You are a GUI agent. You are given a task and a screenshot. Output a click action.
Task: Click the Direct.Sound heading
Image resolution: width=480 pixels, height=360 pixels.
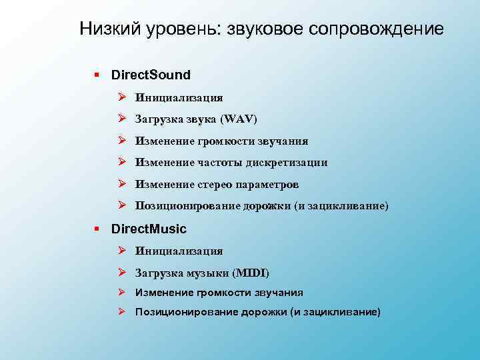pos(151,75)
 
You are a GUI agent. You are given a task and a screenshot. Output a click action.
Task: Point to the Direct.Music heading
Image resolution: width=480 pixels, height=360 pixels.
pos(149,229)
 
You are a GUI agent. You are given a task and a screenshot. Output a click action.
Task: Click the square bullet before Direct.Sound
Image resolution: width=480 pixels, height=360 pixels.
pos(97,75)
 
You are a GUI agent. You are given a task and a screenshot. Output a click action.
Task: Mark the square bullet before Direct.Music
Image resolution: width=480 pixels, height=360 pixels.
pos(97,229)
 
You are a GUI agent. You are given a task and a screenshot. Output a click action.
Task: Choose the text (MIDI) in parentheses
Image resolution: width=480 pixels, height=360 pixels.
pos(251,273)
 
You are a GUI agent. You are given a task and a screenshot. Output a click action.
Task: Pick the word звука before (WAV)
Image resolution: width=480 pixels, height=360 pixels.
pos(197,119)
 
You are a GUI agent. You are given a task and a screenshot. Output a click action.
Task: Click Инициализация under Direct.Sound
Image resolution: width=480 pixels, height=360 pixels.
pos(179,97)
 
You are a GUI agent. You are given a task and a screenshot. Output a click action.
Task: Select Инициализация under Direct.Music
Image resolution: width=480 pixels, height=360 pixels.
pos(179,251)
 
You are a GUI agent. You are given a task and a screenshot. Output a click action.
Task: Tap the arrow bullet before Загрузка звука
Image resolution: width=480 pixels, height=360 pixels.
pos(123,119)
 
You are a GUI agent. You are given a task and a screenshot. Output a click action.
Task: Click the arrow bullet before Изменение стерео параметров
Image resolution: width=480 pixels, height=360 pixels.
pos(123,184)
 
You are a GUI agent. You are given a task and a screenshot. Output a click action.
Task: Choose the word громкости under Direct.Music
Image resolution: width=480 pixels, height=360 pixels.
pos(221,293)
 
